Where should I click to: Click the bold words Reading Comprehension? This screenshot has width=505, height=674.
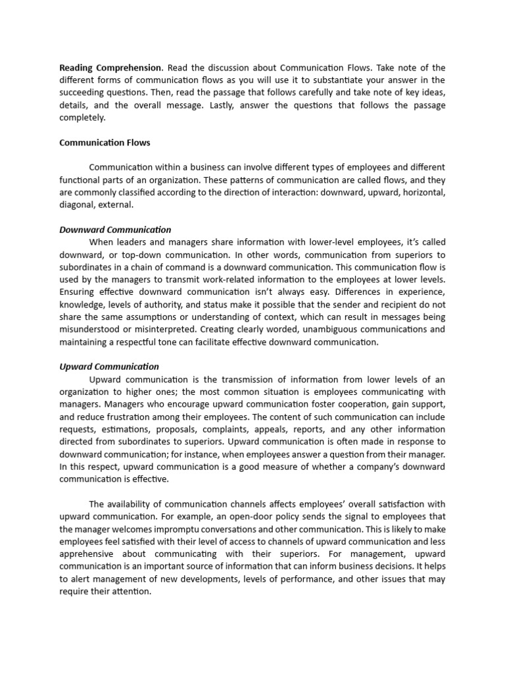[110, 68]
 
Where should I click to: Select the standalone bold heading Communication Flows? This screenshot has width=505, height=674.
[105, 142]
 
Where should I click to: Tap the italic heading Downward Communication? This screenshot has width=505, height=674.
[115, 230]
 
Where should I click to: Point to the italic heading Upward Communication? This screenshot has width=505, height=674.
[109, 367]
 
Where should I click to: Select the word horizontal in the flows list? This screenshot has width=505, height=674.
[420, 192]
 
